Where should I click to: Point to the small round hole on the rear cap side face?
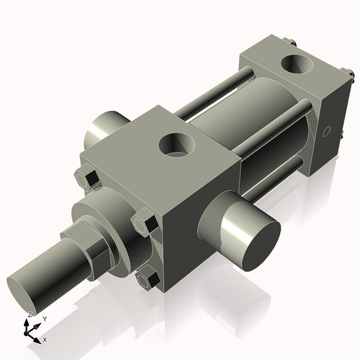328,132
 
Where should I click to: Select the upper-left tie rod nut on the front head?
87,177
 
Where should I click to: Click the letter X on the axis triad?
45,339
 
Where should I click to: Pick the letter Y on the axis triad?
45,318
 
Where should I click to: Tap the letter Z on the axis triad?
30,315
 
